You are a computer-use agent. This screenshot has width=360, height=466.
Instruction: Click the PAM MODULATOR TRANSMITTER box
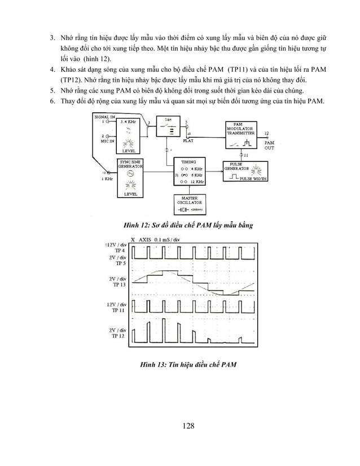[x=242, y=135]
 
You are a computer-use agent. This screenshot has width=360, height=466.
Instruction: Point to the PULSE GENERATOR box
[x=242, y=170]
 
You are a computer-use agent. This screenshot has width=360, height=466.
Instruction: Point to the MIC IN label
[x=107, y=140]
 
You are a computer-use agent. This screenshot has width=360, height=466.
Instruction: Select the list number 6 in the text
[x=51, y=101]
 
